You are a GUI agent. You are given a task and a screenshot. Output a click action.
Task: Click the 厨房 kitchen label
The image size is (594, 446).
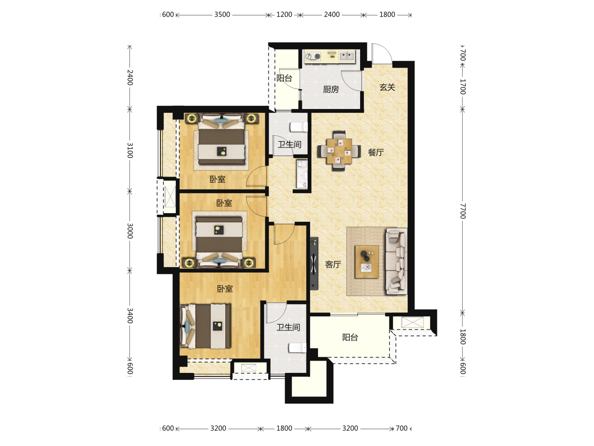331,89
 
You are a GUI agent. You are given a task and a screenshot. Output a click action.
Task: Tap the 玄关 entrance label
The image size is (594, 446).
387,87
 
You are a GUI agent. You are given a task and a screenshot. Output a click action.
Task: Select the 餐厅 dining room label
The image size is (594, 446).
376,152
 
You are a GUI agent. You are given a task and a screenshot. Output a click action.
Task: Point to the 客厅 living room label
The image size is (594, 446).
333,264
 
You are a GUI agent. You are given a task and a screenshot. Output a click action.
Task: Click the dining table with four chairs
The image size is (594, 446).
339,151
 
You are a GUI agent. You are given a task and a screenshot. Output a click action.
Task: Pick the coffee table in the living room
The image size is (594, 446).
367,261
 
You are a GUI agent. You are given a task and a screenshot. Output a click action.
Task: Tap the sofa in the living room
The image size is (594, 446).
396,261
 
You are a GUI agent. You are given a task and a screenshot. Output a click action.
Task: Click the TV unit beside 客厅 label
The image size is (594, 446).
314,263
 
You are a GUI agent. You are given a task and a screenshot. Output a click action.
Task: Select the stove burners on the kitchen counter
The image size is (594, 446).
313,56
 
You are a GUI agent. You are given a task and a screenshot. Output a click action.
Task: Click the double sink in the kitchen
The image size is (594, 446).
346,56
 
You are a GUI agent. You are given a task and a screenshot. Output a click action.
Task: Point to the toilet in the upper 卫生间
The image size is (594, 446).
299,127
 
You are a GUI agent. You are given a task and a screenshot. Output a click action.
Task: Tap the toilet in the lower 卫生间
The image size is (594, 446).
297,348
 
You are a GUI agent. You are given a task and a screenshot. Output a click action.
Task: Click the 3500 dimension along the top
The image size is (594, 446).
222,14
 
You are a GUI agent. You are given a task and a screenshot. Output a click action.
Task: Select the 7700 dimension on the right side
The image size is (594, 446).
463,211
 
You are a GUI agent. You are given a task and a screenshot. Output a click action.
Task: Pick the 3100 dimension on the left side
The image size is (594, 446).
130,150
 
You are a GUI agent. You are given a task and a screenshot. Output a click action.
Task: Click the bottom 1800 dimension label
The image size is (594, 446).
284,428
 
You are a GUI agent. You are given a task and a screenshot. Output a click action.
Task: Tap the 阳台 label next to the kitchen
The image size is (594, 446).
284,78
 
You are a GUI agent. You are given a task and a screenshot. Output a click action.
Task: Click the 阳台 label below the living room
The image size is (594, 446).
350,337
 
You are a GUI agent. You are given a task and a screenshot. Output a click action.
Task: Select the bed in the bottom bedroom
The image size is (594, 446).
205,326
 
